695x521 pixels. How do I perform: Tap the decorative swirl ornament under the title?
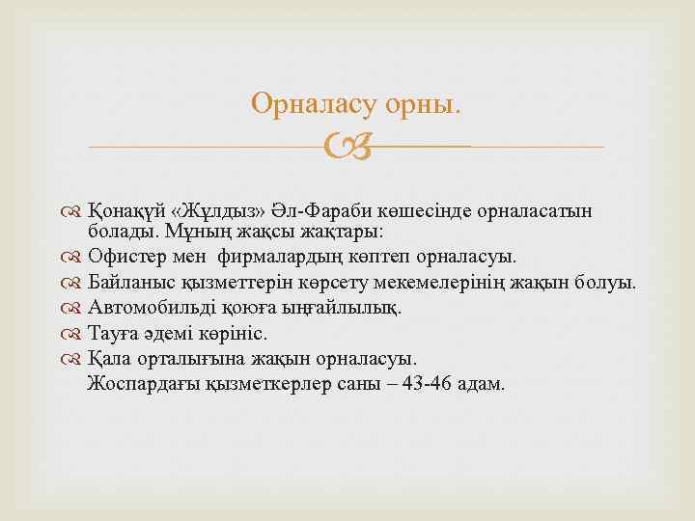coord(347,147)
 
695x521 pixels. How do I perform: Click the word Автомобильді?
coord(150,309)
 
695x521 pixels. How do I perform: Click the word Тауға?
coord(113,334)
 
